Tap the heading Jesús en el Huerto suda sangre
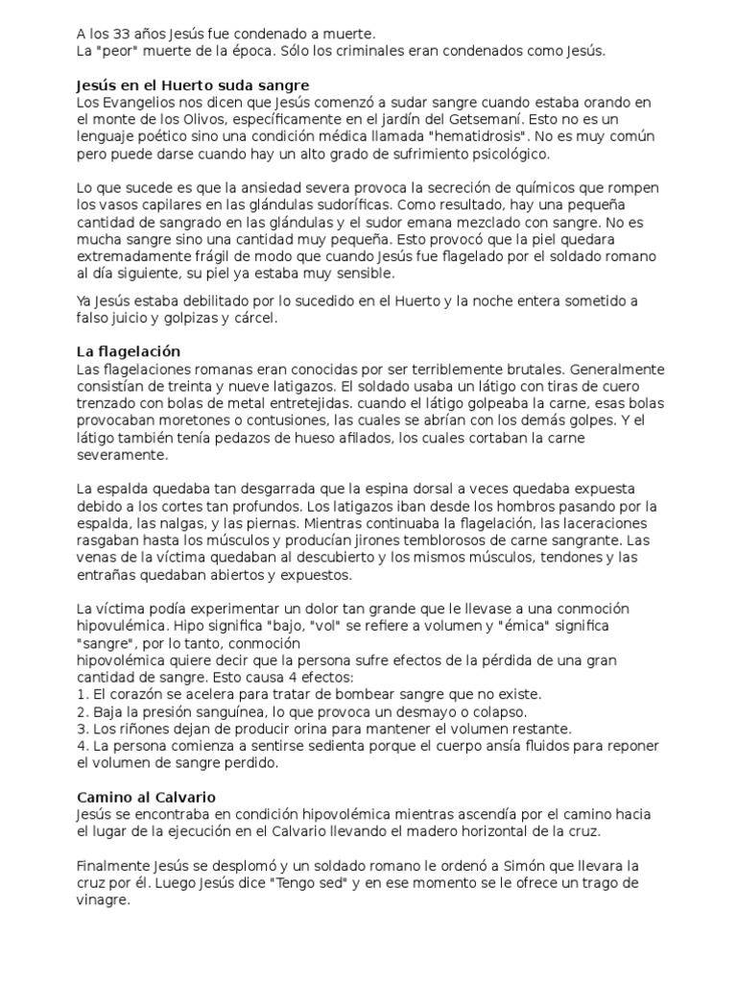point(193,85)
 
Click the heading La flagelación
point(129,352)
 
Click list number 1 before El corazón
point(81,694)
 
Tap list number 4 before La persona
point(81,746)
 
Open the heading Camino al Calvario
point(146,797)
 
